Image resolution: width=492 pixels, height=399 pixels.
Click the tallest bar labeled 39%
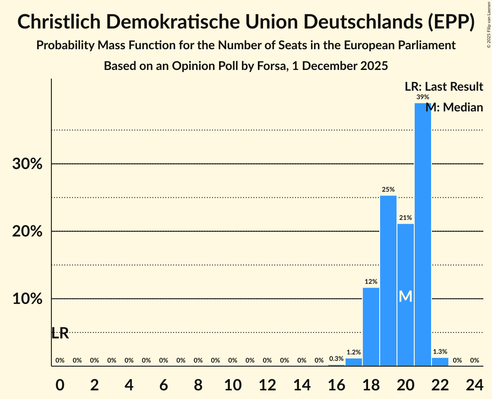coord(422,233)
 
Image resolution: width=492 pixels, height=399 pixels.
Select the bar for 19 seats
coord(388,281)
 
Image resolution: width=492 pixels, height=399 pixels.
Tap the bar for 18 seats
coord(371,326)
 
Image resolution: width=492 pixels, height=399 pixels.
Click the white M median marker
coord(405,296)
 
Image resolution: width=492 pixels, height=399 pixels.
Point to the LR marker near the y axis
coord(60,333)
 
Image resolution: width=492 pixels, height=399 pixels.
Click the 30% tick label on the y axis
coord(27,164)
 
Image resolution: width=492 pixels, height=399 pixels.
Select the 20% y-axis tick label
coord(27,231)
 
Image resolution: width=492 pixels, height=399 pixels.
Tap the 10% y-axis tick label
coord(27,299)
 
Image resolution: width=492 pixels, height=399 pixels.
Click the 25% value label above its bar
coord(388,189)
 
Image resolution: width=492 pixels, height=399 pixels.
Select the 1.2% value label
coord(353,352)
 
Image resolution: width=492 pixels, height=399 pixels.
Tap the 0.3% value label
coord(336,358)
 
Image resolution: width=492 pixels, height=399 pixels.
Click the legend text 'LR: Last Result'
coord(444,86)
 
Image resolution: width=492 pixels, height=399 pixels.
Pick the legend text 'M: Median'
coord(454,108)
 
